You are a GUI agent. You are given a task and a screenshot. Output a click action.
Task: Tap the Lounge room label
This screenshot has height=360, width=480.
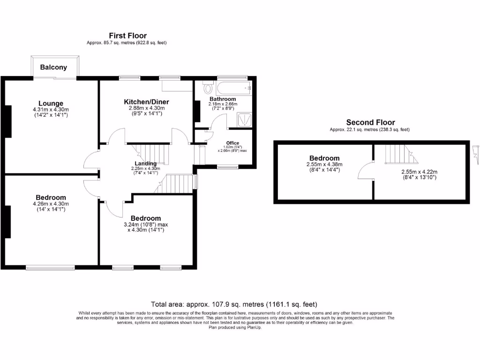click(51, 103)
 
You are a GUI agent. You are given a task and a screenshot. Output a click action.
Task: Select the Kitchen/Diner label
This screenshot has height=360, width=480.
click(146, 102)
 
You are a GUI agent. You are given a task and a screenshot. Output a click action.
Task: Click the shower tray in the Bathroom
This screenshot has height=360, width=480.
click(245, 120)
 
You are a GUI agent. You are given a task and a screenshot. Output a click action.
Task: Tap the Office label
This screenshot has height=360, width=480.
click(232, 143)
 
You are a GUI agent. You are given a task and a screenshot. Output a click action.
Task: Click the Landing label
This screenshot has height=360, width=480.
click(145, 163)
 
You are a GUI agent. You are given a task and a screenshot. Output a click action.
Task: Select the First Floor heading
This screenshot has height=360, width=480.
click(127, 36)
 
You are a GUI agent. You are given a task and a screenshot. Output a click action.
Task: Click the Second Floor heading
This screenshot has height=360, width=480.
click(370, 122)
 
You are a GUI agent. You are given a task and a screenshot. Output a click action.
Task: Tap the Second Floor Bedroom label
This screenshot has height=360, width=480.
click(324, 158)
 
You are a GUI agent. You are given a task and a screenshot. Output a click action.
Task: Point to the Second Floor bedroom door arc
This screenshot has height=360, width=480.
click(365, 172)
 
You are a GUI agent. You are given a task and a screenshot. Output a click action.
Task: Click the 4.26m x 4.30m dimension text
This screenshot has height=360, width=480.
click(51, 204)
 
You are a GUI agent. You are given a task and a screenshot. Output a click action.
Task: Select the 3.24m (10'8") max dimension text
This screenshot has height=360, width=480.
click(146, 225)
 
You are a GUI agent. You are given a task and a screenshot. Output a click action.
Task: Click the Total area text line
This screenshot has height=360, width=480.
click(237, 304)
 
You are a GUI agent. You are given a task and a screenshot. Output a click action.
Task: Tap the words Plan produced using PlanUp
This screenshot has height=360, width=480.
click(235, 328)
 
